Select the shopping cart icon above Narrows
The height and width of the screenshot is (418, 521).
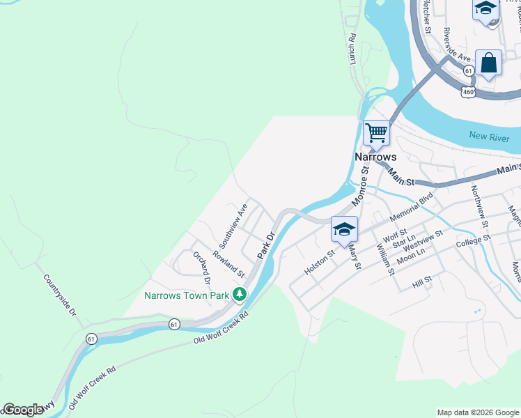tap(377, 132)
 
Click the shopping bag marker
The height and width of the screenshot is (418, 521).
tap(489, 63)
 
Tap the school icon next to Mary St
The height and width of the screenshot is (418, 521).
tap(344, 229)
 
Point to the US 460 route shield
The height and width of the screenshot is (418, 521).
tap(468, 92)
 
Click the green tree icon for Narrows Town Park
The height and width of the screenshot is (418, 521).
tap(240, 295)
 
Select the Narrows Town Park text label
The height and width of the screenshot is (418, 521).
tap(187, 295)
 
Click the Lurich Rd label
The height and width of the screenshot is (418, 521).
tap(353, 50)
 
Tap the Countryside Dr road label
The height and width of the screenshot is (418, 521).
tap(59, 295)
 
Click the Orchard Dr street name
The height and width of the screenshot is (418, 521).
tap(201, 268)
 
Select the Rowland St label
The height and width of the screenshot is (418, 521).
tap(228, 264)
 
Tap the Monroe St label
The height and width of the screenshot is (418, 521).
tap(359, 189)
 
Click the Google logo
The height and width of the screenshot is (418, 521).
tap(23, 410)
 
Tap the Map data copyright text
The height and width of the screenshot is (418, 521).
tap(478, 412)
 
